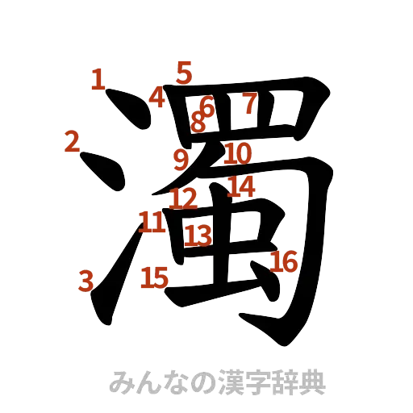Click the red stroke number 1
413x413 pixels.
(98, 79)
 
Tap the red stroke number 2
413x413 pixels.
(73, 142)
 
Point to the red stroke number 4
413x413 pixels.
(157, 98)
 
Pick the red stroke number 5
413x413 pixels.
(185, 73)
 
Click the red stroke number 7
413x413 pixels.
(251, 103)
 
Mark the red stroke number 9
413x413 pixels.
(181, 157)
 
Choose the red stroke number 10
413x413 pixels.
(238, 152)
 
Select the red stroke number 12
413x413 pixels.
(185, 198)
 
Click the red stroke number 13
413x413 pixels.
(198, 235)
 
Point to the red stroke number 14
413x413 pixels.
(241, 187)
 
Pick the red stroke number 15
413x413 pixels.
(153, 278)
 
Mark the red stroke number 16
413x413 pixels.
(284, 261)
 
